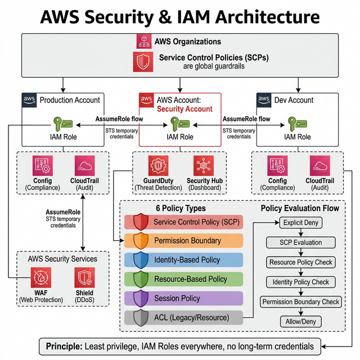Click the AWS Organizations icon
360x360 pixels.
(144, 42)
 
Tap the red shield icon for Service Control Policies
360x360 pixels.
(144, 61)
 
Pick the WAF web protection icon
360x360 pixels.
(41, 277)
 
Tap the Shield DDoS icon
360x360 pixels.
(85, 277)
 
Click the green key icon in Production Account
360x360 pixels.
(62, 123)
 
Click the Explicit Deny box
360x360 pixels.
(300, 223)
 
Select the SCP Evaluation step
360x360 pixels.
(300, 242)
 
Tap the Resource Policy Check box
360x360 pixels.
(300, 262)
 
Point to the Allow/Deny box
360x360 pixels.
(300, 322)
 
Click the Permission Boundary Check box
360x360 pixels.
(300, 301)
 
